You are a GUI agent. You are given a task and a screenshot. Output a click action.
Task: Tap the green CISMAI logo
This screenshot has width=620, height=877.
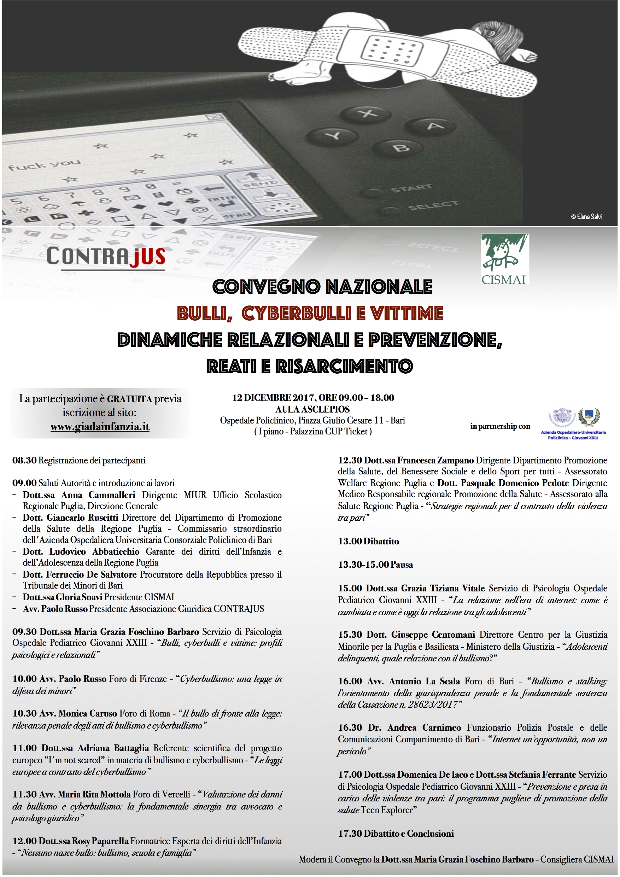click(x=505, y=259)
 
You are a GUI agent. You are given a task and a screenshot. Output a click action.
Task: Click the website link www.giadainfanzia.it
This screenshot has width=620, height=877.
click(x=100, y=426)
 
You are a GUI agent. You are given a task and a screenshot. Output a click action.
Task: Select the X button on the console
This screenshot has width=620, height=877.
click(x=368, y=113)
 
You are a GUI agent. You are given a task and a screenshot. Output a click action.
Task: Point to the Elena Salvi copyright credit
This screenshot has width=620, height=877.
click(x=586, y=217)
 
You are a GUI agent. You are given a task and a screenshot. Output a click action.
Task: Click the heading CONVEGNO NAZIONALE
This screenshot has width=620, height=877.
click(x=322, y=287)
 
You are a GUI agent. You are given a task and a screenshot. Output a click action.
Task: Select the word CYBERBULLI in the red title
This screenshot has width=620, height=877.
click(x=296, y=314)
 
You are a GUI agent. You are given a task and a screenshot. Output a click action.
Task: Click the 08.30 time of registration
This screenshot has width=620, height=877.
click(x=24, y=460)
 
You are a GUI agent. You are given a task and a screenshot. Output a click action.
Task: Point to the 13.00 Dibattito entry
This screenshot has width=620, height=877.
click(x=368, y=541)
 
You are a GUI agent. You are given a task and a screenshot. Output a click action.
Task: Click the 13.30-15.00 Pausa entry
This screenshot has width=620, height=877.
click(x=375, y=565)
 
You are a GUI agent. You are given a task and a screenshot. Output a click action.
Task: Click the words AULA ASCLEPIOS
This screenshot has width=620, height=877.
click(x=312, y=409)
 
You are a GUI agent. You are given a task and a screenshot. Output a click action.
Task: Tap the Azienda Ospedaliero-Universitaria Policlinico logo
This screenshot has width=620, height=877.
click(x=573, y=423)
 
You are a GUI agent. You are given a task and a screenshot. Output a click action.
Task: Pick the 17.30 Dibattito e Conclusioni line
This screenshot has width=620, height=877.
click(x=396, y=834)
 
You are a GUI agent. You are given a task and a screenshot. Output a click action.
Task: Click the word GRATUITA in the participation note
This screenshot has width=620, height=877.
click(x=129, y=399)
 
